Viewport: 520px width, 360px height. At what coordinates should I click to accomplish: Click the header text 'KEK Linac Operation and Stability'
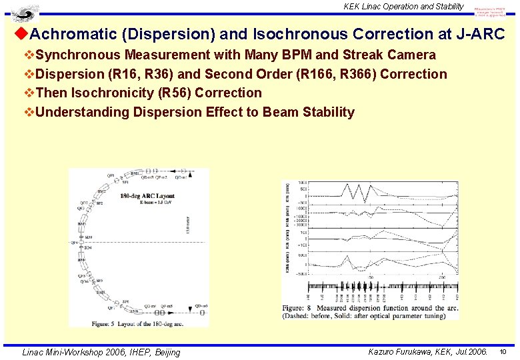click(403, 6)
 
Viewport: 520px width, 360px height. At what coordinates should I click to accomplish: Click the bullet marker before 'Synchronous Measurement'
click(29, 55)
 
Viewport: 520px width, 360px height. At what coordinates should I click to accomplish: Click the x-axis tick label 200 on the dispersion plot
click(441, 277)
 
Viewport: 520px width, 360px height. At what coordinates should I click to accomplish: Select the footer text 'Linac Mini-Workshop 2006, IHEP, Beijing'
click(101, 352)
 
